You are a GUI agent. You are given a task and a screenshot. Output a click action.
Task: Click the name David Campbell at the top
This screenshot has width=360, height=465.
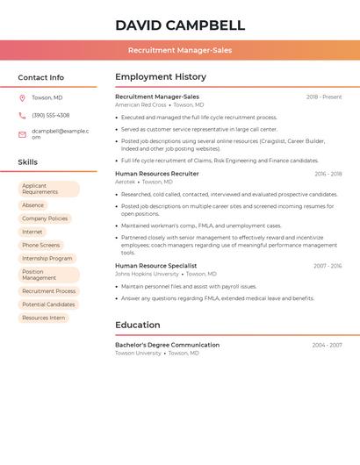[180, 25]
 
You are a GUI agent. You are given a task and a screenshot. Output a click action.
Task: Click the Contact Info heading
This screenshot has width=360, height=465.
[40, 77]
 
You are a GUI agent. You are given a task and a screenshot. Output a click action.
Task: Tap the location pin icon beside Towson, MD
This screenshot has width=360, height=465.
[22, 97]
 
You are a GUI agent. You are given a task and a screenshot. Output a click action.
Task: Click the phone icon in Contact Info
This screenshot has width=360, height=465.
[22, 115]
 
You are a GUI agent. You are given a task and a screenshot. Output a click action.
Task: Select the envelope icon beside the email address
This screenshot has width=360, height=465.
[22, 134]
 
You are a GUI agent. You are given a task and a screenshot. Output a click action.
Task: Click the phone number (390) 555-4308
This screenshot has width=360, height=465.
[50, 115]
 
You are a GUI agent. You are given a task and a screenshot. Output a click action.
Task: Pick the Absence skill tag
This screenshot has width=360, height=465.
[32, 205]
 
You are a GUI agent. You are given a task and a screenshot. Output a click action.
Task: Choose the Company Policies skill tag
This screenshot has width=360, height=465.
[45, 218]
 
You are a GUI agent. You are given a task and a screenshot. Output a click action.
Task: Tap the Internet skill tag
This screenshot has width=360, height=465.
[32, 232]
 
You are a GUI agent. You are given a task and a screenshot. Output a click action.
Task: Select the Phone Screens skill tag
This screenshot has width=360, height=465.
[41, 245]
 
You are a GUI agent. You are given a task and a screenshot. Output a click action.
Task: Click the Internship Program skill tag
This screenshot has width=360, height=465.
[47, 258]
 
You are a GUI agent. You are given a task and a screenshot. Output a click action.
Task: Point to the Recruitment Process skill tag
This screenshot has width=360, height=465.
[49, 290]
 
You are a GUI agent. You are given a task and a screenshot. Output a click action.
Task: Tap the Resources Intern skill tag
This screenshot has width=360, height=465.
[44, 318]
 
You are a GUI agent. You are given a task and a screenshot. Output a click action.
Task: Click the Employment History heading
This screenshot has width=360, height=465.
[161, 76]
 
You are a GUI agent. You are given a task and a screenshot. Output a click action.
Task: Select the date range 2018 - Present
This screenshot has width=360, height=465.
[323, 97]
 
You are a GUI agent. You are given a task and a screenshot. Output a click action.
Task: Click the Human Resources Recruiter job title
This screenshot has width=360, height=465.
[157, 174]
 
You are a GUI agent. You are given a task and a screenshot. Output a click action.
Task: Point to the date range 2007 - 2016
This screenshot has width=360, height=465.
[328, 265]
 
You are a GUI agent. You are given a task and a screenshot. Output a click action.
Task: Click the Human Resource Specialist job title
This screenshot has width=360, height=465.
[155, 265]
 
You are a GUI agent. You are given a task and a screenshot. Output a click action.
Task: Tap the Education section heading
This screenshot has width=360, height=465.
[137, 325]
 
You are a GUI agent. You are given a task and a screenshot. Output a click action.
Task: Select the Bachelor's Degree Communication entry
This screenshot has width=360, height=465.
[167, 345]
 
